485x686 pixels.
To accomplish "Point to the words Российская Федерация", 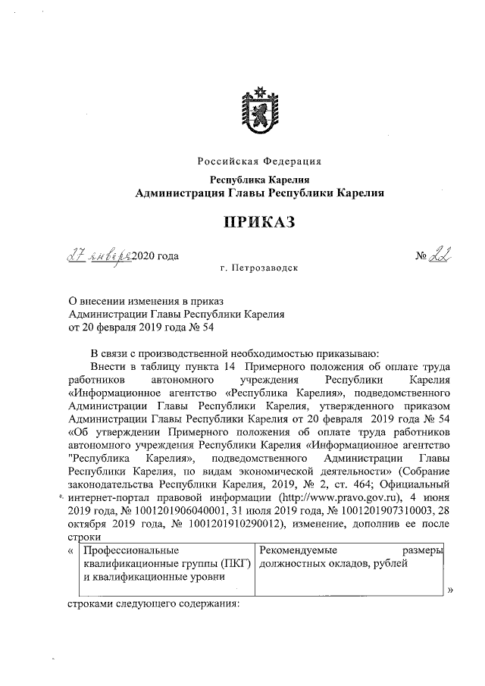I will click(259, 161).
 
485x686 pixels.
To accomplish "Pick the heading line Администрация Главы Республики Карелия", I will click(259, 193).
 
